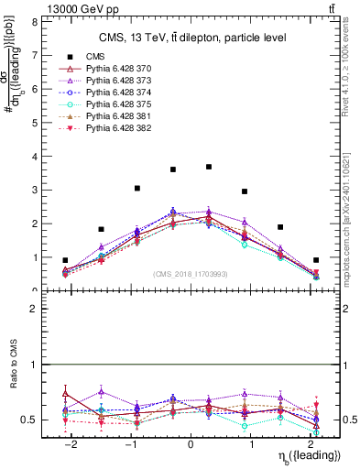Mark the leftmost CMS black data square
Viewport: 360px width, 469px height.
coord(65,260)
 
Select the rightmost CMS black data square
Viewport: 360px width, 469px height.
coord(316,260)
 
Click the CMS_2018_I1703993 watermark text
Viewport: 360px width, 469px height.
coord(190,274)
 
